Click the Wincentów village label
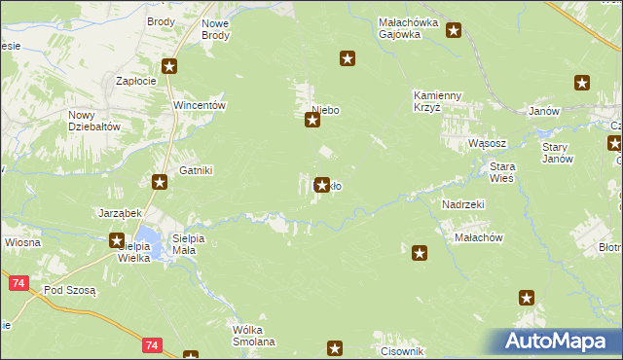(x=199, y=105)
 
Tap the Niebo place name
(x=325, y=110)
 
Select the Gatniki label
(x=195, y=170)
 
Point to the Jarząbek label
(x=120, y=212)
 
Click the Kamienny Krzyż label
(x=441, y=101)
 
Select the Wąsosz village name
(x=485, y=142)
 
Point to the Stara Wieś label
(x=501, y=172)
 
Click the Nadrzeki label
(x=462, y=204)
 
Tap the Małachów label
(x=478, y=237)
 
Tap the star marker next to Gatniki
(x=160, y=181)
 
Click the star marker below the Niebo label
(x=312, y=121)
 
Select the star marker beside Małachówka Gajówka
(x=454, y=31)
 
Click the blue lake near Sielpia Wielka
(x=148, y=236)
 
